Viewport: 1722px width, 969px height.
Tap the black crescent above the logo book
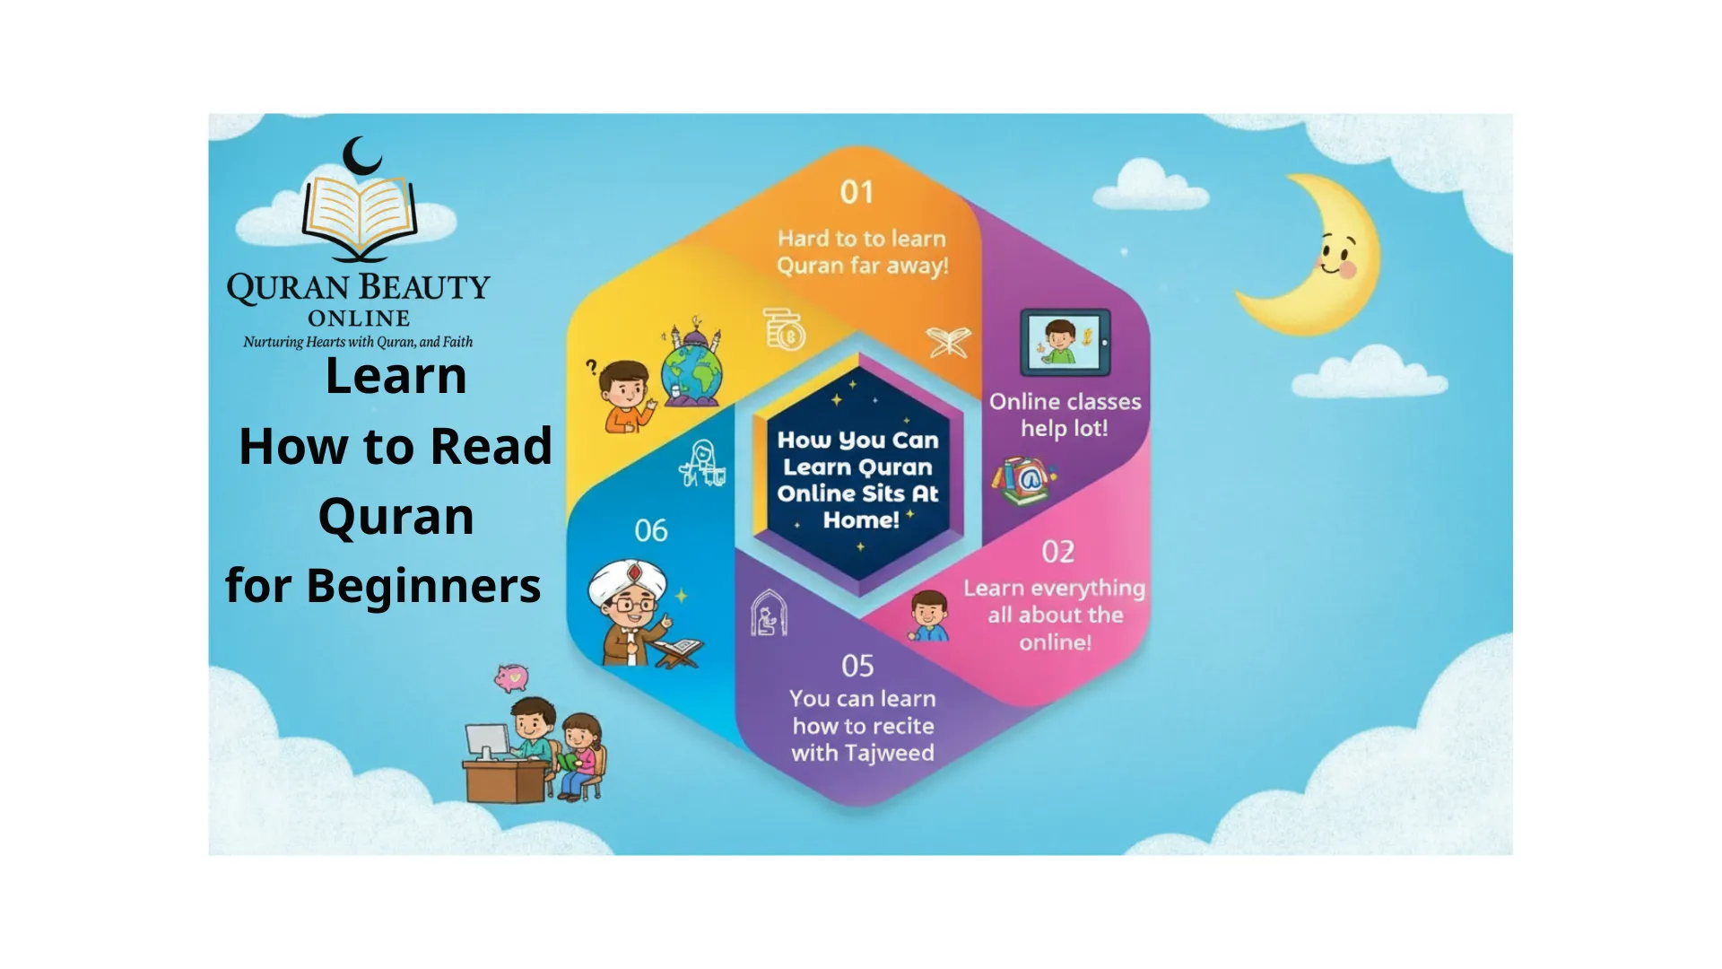pos(361,157)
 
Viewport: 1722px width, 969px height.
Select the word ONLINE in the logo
pos(359,319)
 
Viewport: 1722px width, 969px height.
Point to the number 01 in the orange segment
pos(857,192)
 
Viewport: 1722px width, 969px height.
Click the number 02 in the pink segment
pos(1058,552)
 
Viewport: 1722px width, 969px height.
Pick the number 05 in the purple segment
pos(857,666)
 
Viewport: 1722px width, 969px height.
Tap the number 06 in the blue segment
pos(651,530)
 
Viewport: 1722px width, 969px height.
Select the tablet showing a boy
pos(1065,343)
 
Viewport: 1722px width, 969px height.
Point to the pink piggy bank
pos(511,677)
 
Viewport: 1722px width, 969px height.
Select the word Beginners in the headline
pos(423,587)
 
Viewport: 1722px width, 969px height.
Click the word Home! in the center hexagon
pos(861,520)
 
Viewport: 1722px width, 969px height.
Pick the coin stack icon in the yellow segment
pos(785,328)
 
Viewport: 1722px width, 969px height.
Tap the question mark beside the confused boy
pos(591,366)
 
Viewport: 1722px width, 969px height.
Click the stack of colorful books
pos(1023,481)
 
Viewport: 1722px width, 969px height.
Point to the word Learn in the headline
pos(396,375)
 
